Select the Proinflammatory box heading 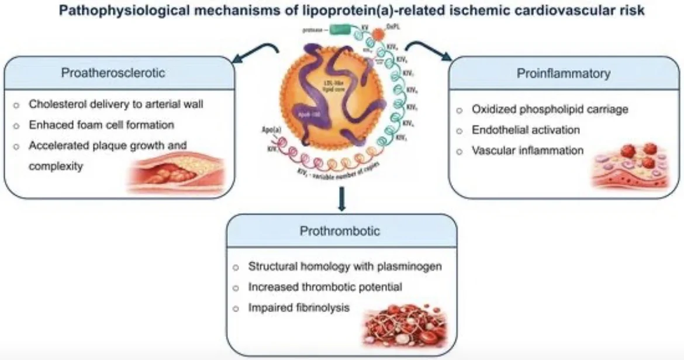pos(564,74)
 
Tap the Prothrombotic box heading pos(340,231)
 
